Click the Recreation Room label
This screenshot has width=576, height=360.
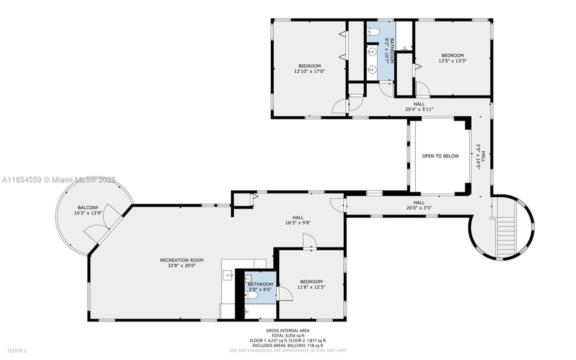pos(181,260)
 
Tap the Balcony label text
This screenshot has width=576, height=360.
pos(88,207)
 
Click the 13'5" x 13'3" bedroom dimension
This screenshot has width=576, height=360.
pos(452,61)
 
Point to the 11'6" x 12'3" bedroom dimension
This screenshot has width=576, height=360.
pos(311,287)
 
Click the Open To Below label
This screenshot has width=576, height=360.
pos(440,156)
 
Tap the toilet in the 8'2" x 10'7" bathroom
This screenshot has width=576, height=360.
pos(375,33)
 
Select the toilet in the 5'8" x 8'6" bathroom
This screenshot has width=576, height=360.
pos(253,295)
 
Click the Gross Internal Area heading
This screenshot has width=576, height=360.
pos(288,330)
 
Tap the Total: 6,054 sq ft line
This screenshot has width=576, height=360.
pos(288,335)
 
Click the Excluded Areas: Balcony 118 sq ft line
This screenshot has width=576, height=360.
pos(288,345)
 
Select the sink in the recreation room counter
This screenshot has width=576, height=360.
pos(228,274)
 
